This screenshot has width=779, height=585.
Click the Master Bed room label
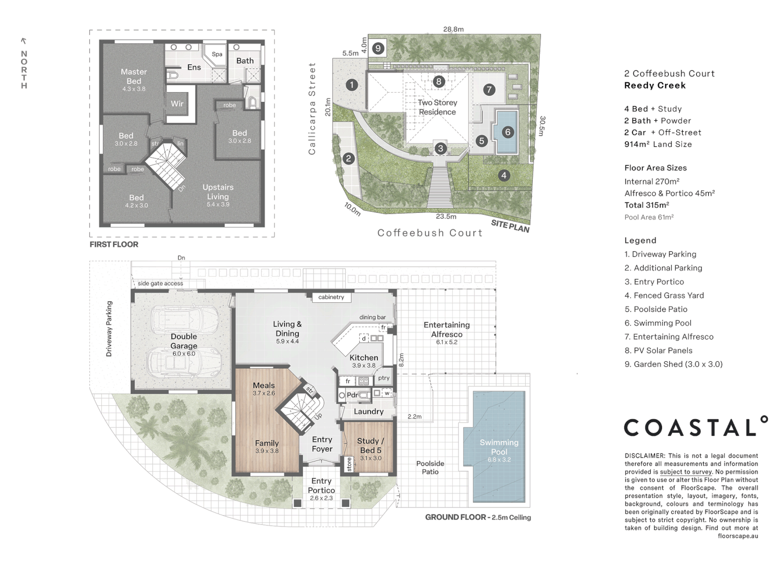coord(134,76)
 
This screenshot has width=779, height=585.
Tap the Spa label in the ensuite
coord(217,54)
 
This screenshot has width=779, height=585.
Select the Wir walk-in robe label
coord(177,103)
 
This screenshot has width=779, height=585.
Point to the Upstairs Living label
coord(218,192)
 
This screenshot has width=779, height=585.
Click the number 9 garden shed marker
coord(378,48)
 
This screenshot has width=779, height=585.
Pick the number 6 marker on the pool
coord(508,132)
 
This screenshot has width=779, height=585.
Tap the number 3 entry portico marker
coord(441,148)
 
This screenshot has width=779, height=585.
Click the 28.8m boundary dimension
coord(453,29)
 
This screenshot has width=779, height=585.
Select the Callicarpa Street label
coord(312,109)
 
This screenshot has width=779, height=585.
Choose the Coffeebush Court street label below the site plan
coord(430,233)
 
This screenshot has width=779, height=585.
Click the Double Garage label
coord(184,341)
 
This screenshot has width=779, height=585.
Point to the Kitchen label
coord(364,357)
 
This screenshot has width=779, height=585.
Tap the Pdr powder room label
coord(352,395)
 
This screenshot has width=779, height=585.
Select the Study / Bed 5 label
coord(371,445)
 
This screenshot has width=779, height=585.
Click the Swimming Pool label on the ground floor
coord(499,447)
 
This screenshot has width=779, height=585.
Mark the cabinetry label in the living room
coord(331,297)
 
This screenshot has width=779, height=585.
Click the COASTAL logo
coord(696,426)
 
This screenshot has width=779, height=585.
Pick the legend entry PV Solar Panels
coord(659,350)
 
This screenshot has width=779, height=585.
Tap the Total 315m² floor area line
coord(646,205)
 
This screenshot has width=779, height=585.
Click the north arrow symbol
coord(24,41)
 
